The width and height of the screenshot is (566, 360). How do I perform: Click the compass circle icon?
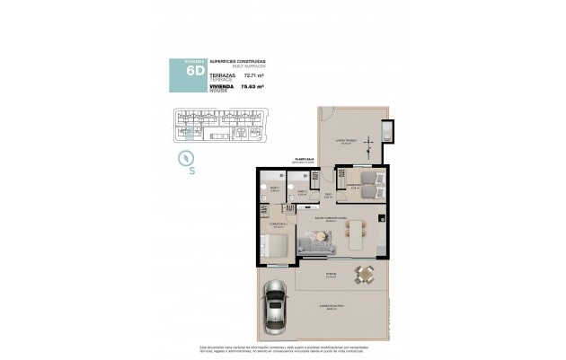[187, 159]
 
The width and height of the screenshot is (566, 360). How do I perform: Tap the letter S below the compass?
[191, 174]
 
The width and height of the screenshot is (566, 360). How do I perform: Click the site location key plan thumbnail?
[217, 125]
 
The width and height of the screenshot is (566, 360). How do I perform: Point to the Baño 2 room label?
[303, 190]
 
